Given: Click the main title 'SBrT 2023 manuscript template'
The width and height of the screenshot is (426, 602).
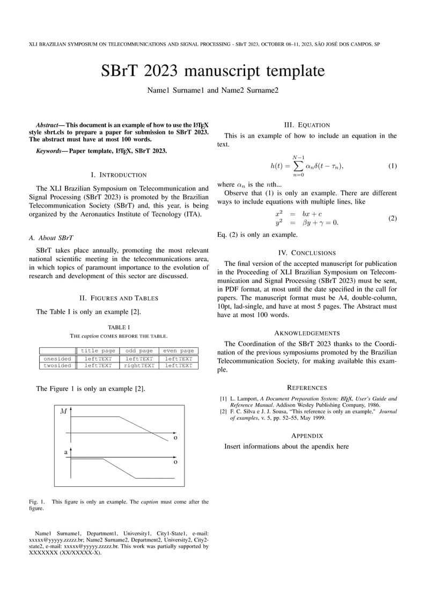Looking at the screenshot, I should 212,71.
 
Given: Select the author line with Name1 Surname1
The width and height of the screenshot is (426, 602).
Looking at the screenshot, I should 212,91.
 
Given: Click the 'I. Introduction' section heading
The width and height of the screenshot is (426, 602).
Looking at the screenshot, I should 119,175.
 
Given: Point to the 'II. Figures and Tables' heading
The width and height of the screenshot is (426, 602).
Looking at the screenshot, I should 119,298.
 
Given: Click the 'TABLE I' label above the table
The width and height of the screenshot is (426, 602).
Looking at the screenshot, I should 119,327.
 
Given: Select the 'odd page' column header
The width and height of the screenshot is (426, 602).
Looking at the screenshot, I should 139,351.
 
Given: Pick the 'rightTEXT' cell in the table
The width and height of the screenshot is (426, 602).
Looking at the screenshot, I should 139,366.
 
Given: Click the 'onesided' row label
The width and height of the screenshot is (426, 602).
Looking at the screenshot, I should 57,359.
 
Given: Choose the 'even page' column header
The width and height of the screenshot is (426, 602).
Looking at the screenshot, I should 178,351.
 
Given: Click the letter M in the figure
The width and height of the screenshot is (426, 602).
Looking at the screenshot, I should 64,411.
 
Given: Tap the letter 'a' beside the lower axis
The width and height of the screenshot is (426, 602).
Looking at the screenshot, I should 66,452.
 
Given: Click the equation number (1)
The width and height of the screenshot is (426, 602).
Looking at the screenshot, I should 392,166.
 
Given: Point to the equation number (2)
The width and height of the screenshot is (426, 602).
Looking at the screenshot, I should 392,218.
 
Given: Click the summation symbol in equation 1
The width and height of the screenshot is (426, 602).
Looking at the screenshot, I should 298,166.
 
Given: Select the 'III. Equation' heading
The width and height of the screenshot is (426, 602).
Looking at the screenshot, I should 307,125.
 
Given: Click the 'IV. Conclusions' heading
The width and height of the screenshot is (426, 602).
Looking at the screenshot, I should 307,252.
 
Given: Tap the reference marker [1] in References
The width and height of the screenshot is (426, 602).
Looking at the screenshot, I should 223,399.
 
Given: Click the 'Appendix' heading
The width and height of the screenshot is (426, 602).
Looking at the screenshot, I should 307,435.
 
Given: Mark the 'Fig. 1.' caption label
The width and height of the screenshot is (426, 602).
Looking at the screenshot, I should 37,502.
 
